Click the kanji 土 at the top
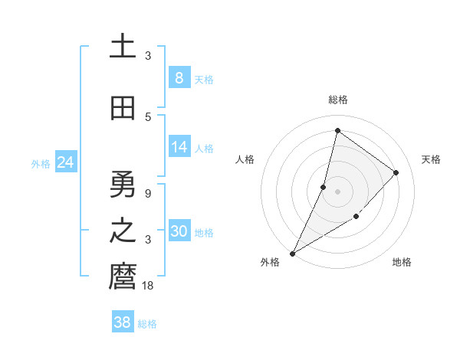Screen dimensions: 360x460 123,47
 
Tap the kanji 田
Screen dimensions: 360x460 123,108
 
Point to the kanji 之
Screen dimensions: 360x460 123,232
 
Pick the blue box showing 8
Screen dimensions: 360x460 179,78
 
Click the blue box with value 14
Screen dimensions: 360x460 179,147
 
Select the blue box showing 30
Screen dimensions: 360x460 179,231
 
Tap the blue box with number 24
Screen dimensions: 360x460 65,162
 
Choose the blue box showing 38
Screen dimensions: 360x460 122,322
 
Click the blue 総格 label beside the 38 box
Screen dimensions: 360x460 147,324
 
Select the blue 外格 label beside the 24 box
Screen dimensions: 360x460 41,164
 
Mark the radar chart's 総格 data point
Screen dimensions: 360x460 337,130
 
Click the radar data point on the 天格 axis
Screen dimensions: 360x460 396,172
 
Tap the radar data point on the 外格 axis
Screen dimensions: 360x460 292,254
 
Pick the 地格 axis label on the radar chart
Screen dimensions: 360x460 402,263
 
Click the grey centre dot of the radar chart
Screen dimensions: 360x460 337,191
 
